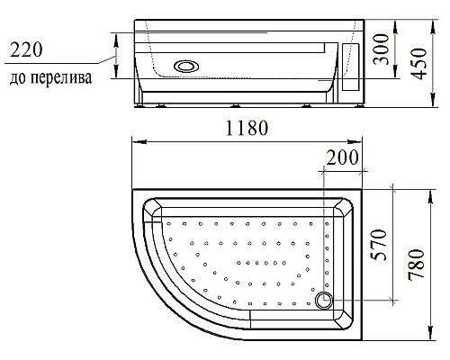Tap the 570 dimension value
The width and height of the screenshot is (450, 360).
379,242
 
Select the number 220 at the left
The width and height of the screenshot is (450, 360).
28,49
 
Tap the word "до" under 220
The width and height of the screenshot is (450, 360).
19,78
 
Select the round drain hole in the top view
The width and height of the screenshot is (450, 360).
326,301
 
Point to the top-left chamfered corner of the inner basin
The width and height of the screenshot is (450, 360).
155,211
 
